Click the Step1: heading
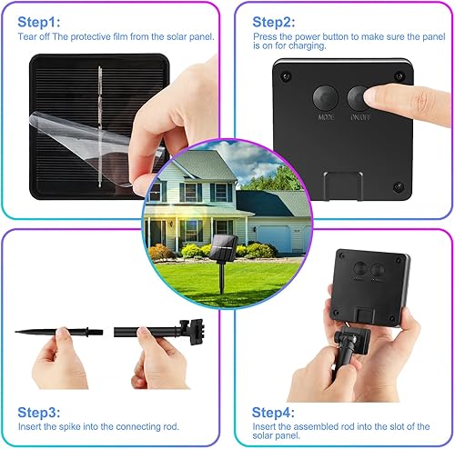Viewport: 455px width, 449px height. click(x=40, y=21)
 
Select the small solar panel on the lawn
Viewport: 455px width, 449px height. click(x=222, y=245)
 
